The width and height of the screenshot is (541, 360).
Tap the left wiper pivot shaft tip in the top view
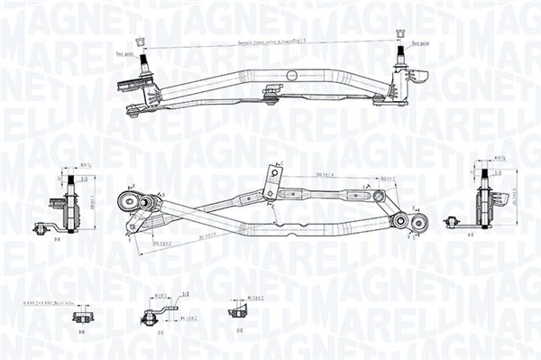(x=141, y=42)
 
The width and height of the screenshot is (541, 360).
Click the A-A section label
(x=472, y=233)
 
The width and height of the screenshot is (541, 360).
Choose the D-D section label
(x=81, y=333)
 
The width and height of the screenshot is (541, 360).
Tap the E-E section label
(x=239, y=331)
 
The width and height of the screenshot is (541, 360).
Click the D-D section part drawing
(x=81, y=317)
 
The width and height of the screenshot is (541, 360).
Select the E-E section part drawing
(x=239, y=312)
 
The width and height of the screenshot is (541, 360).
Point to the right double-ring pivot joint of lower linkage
(x=406, y=222)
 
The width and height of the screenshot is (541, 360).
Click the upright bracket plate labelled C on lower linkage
(x=270, y=181)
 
